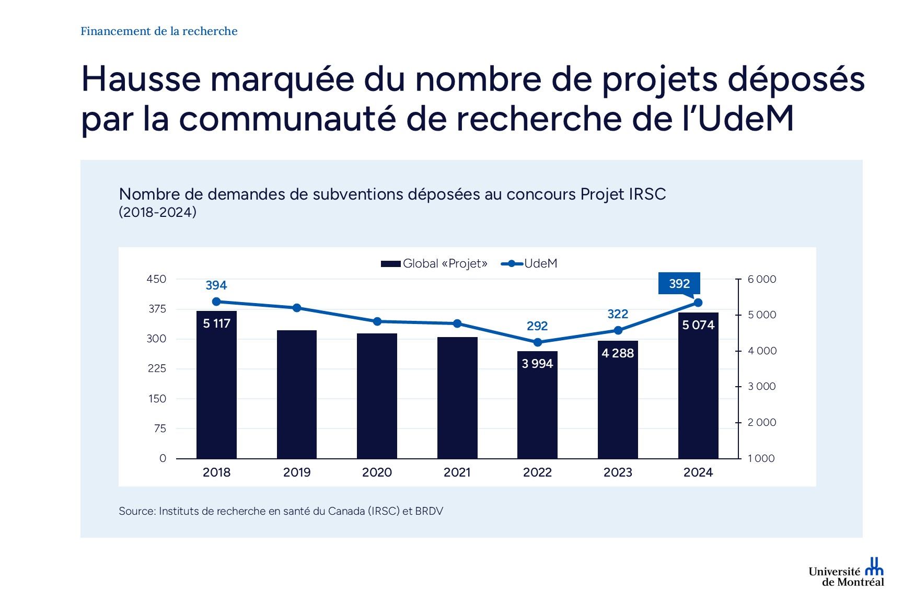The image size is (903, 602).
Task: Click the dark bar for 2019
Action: pyautogui.click(x=297, y=395)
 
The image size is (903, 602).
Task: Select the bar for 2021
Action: pyautogui.click(x=457, y=398)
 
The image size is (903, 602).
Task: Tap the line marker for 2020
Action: pyautogui.click(x=377, y=321)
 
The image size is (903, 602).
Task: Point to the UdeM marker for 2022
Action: pyautogui.click(x=538, y=342)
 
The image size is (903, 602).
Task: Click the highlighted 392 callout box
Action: pyautogui.click(x=679, y=283)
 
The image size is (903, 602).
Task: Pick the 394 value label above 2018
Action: pyautogui.click(x=216, y=285)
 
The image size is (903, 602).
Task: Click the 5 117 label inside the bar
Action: pyautogui.click(x=216, y=323)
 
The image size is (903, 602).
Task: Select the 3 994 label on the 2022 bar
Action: pyautogui.click(x=537, y=363)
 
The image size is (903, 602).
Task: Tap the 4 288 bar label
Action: pyautogui.click(x=618, y=353)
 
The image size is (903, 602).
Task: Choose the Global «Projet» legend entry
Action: pyautogui.click(x=434, y=263)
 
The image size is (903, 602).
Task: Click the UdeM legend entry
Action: pyautogui.click(x=529, y=263)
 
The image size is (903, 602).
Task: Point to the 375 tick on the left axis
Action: pyautogui.click(x=157, y=309)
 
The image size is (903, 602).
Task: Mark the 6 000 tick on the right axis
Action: pyautogui.click(x=761, y=279)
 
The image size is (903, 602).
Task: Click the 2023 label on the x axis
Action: pyautogui.click(x=618, y=472)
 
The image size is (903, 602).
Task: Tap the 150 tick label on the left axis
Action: pyautogui.click(x=157, y=399)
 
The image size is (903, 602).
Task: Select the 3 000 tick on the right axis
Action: pyautogui.click(x=761, y=386)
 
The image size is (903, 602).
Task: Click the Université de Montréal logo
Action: pyautogui.click(x=847, y=573)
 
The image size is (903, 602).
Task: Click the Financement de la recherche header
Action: pyautogui.click(x=159, y=31)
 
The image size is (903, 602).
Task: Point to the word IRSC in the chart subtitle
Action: pyautogui.click(x=647, y=194)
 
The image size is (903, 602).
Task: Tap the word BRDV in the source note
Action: pyautogui.click(x=429, y=511)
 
